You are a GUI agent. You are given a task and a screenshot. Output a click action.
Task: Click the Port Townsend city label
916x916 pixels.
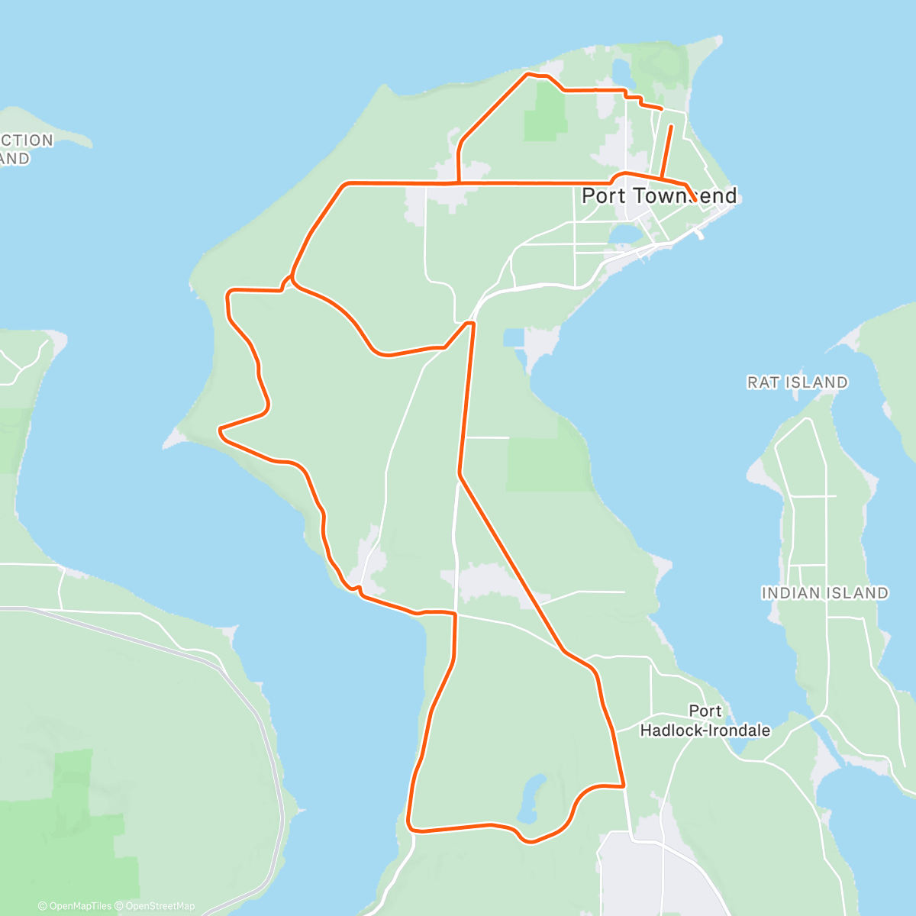pos(659,196)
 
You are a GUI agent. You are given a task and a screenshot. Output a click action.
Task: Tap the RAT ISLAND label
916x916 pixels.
pos(797,382)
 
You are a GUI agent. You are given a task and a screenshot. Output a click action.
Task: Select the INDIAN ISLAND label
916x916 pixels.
pos(824,593)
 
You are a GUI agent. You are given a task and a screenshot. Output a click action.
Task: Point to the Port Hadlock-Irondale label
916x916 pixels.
pos(705,721)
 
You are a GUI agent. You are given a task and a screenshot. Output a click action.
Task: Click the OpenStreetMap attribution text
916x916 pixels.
pos(160,906)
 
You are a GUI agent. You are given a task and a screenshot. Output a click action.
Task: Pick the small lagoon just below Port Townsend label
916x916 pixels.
pos(626,232)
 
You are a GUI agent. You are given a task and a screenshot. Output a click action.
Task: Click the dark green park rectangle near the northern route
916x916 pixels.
pos(545,112)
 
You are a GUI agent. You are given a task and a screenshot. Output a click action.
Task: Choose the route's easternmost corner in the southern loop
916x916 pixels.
pos(624,785)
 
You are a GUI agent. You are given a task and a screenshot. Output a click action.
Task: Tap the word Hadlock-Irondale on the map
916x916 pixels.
pos(705,731)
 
